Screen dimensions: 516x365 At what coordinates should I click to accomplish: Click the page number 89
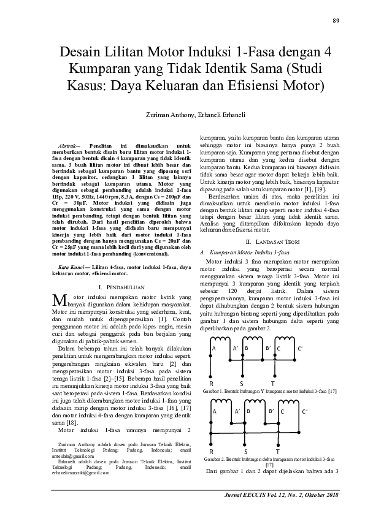coord(336,20)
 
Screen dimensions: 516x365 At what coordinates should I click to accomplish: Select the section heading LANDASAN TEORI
coord(272,243)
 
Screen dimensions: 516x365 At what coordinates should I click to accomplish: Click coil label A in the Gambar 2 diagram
coord(214,412)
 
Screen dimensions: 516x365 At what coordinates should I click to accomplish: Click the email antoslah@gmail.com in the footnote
coord(68,457)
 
